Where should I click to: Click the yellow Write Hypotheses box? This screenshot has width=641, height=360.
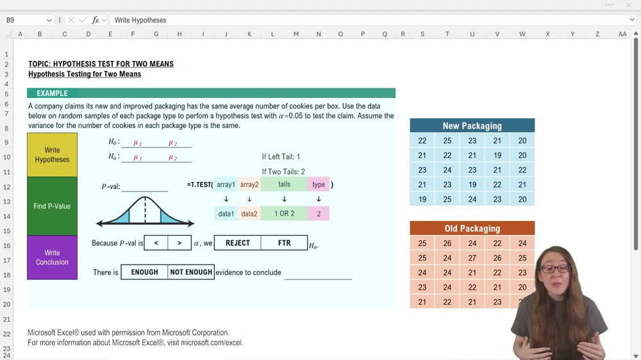pyautogui.click(x=52, y=155)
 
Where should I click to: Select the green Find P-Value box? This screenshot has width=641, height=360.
pyautogui.click(x=52, y=206)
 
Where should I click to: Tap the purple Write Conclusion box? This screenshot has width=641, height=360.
pyautogui.click(x=52, y=258)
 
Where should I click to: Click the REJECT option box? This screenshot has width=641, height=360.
pyautogui.click(x=238, y=243)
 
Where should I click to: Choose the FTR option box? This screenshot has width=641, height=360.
pyautogui.click(x=284, y=243)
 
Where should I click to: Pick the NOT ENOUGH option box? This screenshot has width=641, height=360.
pyautogui.click(x=191, y=272)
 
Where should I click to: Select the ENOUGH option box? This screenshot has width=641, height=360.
pyautogui.click(x=144, y=272)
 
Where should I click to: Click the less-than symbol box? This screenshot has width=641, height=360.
pyautogui.click(x=156, y=243)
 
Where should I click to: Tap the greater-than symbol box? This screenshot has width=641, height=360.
pyautogui.click(x=179, y=243)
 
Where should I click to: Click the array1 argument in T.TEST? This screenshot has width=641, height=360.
pyautogui.click(x=226, y=184)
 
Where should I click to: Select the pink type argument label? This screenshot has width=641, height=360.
pyautogui.click(x=319, y=184)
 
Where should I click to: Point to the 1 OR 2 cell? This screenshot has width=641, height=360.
pyautogui.click(x=284, y=213)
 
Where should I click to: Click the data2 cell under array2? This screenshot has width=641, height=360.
pyautogui.click(x=249, y=213)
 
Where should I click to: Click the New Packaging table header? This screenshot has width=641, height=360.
pyautogui.click(x=472, y=126)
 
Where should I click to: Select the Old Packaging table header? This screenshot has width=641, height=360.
pyautogui.click(x=472, y=229)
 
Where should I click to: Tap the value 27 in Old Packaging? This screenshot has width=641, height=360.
pyautogui.click(x=472, y=258)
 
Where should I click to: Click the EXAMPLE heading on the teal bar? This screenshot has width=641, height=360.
pyautogui.click(x=52, y=94)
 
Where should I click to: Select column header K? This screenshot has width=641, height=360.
pyautogui.click(x=249, y=34)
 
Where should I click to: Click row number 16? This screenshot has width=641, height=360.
pyautogui.click(x=7, y=246)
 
